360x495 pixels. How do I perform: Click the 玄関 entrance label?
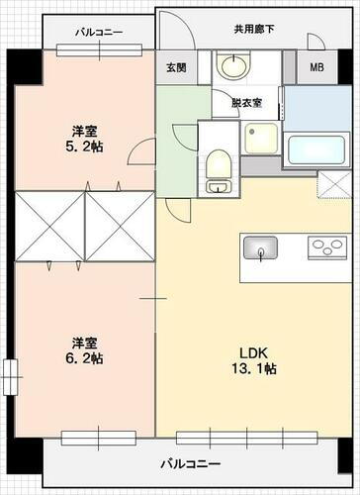pos(176,67)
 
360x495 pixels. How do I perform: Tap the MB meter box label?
pos(316,67)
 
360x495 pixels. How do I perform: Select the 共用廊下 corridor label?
pos(254,29)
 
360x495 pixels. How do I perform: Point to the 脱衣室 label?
pos(246,103)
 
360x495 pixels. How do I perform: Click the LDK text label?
pos(253,353)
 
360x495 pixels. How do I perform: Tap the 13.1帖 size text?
pos(253,368)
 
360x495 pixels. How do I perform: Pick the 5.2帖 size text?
pos(84,147)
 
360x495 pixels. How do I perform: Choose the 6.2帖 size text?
pos(84,358)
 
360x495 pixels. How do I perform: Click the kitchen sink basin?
pos(260,247)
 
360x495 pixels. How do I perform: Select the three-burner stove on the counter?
pos(327,247)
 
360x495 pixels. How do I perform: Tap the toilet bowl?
pos(219,164)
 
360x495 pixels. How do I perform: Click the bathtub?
pos(316,150)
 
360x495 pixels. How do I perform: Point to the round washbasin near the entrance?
pos(233,65)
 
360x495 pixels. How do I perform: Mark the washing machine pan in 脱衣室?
pos(261,139)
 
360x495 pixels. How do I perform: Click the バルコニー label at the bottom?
pos(191,464)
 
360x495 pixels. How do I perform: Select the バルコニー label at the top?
pos(99,32)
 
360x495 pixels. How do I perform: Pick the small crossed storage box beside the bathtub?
pos(334,184)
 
